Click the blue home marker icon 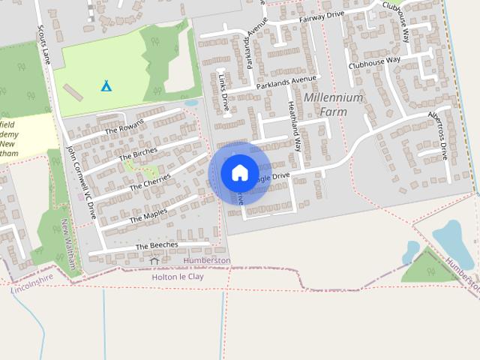(x=239, y=173)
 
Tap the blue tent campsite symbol (x=106, y=85)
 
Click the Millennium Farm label (x=333, y=105)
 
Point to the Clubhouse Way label (x=375, y=62)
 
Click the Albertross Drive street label (x=437, y=136)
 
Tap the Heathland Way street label (x=293, y=123)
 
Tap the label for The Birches (x=137, y=153)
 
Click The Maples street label (x=148, y=215)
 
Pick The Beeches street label (x=157, y=245)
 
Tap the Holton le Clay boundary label (x=178, y=277)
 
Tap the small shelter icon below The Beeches (x=154, y=260)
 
